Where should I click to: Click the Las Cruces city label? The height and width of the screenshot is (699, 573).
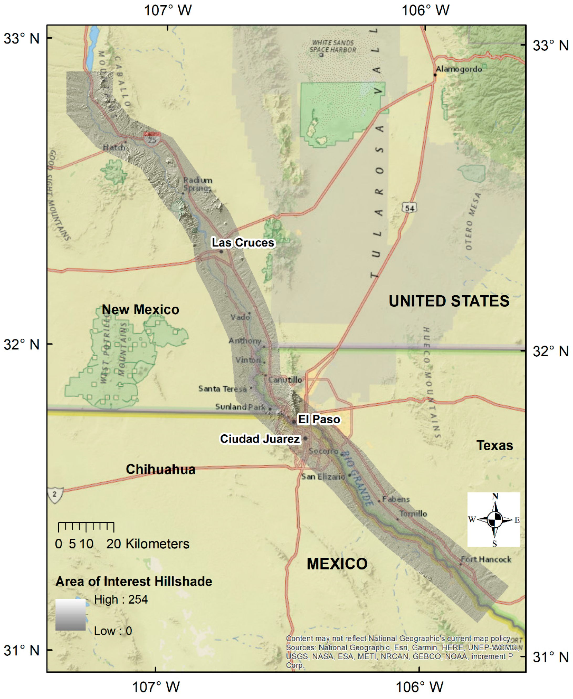click(243, 243)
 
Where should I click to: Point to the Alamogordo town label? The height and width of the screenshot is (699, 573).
click(459, 69)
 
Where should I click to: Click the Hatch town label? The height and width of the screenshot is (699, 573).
click(114, 147)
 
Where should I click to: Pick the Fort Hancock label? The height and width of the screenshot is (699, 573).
click(486, 559)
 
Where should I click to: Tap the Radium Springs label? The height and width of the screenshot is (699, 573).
click(198, 184)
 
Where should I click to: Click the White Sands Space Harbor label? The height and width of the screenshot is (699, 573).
click(333, 46)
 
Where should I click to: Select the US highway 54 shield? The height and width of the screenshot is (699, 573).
click(409, 208)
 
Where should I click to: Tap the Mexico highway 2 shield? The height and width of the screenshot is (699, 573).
click(55, 495)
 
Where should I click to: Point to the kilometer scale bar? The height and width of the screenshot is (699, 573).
click(86, 527)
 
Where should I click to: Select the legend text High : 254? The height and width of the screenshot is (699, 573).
click(121, 599)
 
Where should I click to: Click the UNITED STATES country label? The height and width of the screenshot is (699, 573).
click(449, 301)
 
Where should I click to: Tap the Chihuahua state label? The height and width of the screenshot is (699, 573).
click(160, 469)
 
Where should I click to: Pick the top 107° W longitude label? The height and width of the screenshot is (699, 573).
click(168, 10)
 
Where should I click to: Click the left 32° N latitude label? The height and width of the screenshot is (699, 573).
click(22, 344)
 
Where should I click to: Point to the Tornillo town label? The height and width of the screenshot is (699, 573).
click(413, 514)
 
